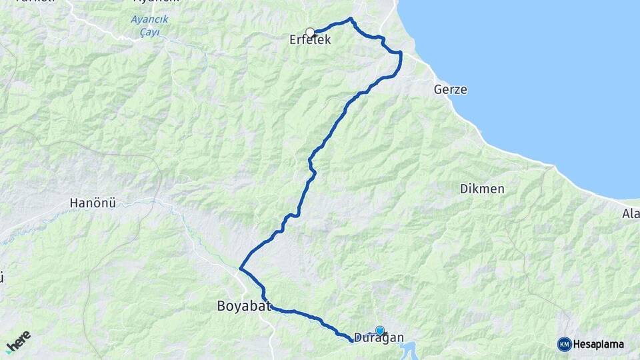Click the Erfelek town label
pos(310,41)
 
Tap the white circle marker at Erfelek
pos(310,31)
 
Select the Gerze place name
pos(450,89)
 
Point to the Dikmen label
pos(482,189)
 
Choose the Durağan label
pos(379,337)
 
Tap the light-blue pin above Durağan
pos(380,330)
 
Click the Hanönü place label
pos(93,204)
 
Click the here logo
pos(18,341)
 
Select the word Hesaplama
pos(599,345)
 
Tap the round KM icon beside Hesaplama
pos(564,345)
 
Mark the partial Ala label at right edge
pos(631,214)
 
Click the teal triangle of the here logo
pos(9,351)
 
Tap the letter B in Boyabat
pos(221,307)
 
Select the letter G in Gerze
pos(437,89)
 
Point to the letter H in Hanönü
pos(74,204)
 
